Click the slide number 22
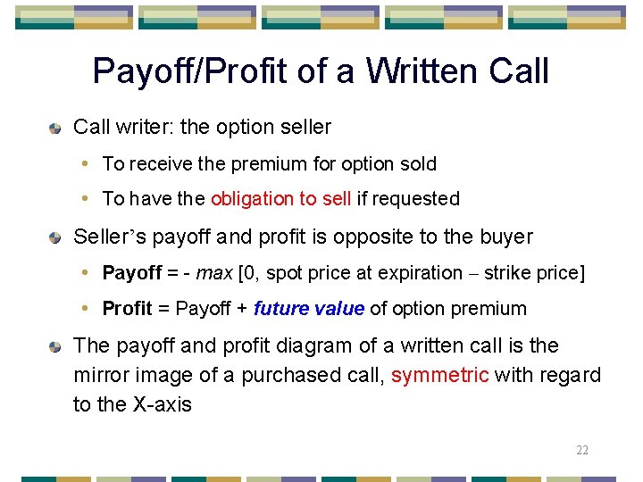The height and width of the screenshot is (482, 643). (582, 450)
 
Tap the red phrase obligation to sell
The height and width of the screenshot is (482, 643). (280, 199)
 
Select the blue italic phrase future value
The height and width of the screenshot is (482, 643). (309, 309)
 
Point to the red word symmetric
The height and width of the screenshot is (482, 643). (439, 375)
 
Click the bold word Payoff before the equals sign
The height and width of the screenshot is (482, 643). (132, 272)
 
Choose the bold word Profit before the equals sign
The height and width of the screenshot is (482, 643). (128, 309)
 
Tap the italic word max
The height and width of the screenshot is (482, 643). (214, 272)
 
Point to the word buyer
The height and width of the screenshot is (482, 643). (506, 237)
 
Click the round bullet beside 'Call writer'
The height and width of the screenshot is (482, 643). (55, 129)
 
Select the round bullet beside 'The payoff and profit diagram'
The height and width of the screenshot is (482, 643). (55, 346)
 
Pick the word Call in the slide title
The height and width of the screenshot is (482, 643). (519, 71)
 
